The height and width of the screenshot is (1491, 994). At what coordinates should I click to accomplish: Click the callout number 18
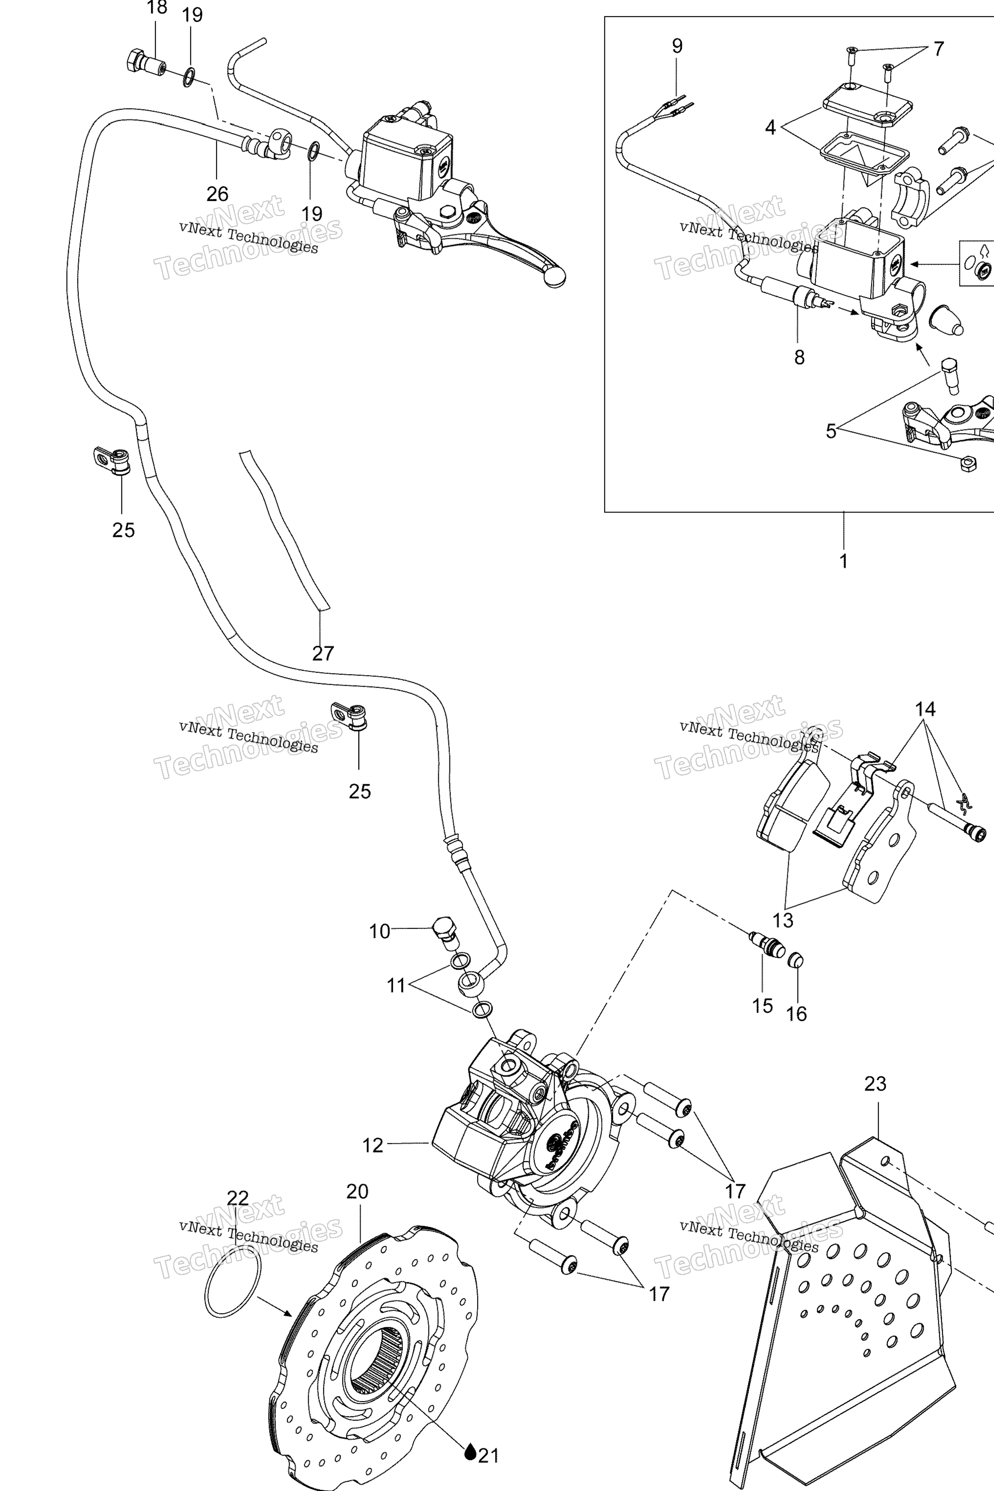click(157, 8)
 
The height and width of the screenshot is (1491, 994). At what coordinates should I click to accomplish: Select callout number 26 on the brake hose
click(217, 194)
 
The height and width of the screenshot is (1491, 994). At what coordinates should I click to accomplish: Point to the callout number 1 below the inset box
click(843, 561)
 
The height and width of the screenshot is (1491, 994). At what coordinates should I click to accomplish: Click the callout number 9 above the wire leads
click(677, 46)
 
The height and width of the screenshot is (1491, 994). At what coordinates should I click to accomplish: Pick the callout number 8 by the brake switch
click(799, 357)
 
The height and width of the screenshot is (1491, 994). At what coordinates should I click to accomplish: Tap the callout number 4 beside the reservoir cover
click(770, 128)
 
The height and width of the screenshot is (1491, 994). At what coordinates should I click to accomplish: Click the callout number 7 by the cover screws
click(938, 49)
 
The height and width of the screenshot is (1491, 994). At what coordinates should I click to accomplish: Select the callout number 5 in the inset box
click(831, 431)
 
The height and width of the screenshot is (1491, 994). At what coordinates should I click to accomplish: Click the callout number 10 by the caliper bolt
click(380, 931)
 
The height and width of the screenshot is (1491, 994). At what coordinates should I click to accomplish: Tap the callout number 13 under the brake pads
click(783, 920)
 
